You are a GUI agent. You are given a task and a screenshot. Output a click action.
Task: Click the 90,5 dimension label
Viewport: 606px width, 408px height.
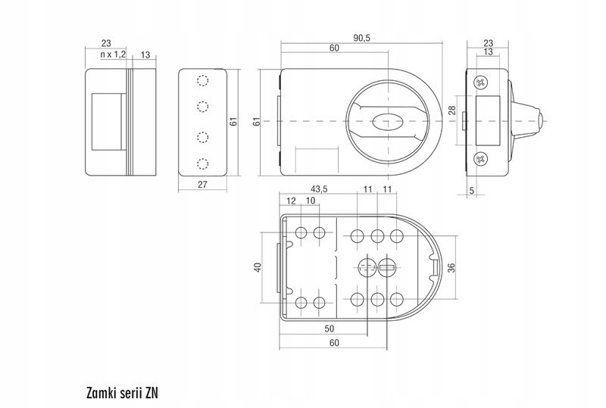click(x=362, y=38)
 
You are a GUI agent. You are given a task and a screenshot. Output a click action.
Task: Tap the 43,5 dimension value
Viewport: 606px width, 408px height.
click(x=319, y=189)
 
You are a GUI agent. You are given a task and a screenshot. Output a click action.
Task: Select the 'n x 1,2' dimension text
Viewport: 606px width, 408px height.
click(x=113, y=55)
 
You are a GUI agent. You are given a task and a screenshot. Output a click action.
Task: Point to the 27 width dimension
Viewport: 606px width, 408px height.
click(x=202, y=185)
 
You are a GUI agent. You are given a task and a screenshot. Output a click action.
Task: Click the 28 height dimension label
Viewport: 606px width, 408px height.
click(x=451, y=111)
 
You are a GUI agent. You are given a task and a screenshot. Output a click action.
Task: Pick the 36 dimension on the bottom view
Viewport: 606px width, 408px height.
click(x=451, y=268)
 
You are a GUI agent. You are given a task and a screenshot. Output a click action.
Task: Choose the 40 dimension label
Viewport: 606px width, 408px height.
click(x=258, y=267)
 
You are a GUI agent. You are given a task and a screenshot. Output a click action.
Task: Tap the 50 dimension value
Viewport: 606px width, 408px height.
click(x=329, y=329)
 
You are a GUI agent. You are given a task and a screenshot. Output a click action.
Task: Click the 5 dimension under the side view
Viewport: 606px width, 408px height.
click(x=471, y=191)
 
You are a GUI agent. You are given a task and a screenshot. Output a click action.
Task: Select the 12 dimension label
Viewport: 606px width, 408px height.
click(x=291, y=201)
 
